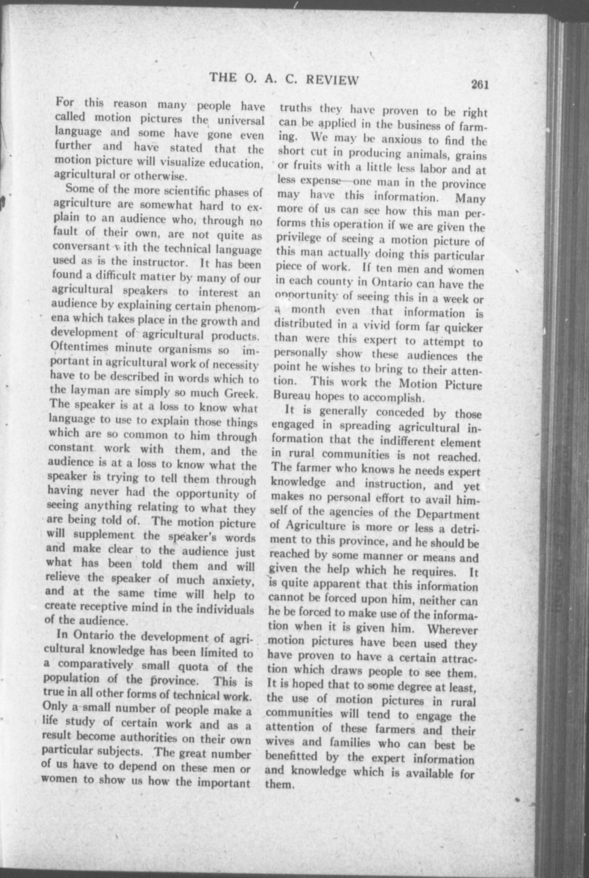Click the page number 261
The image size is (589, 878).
click(x=479, y=85)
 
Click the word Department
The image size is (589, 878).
click(x=449, y=514)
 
